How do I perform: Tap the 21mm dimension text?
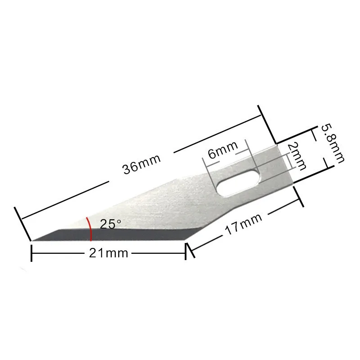coord(108,253)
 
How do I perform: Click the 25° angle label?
coord(111,224)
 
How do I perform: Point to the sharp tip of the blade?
coord(31,240)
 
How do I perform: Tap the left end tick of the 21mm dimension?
coord(31,253)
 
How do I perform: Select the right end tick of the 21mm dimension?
coord(186,252)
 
